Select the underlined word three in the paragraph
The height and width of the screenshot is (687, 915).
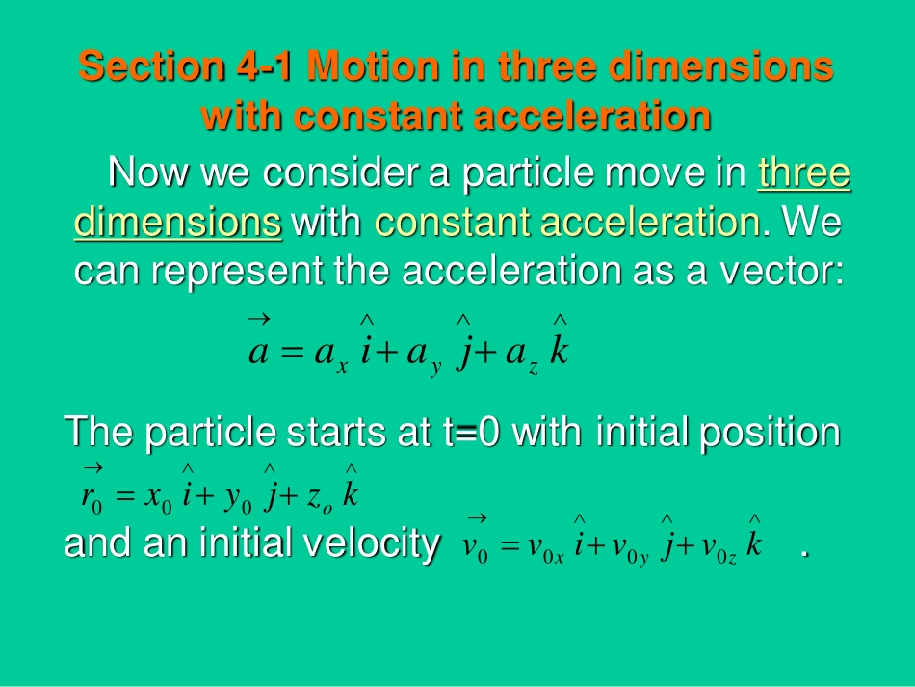click(804, 174)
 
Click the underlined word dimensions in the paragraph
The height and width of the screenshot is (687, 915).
click(178, 224)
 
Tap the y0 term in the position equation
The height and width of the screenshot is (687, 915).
click(236, 499)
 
